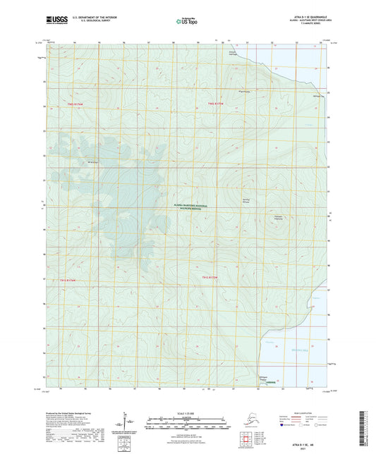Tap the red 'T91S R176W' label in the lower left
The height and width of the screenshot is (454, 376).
click(73, 278)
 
